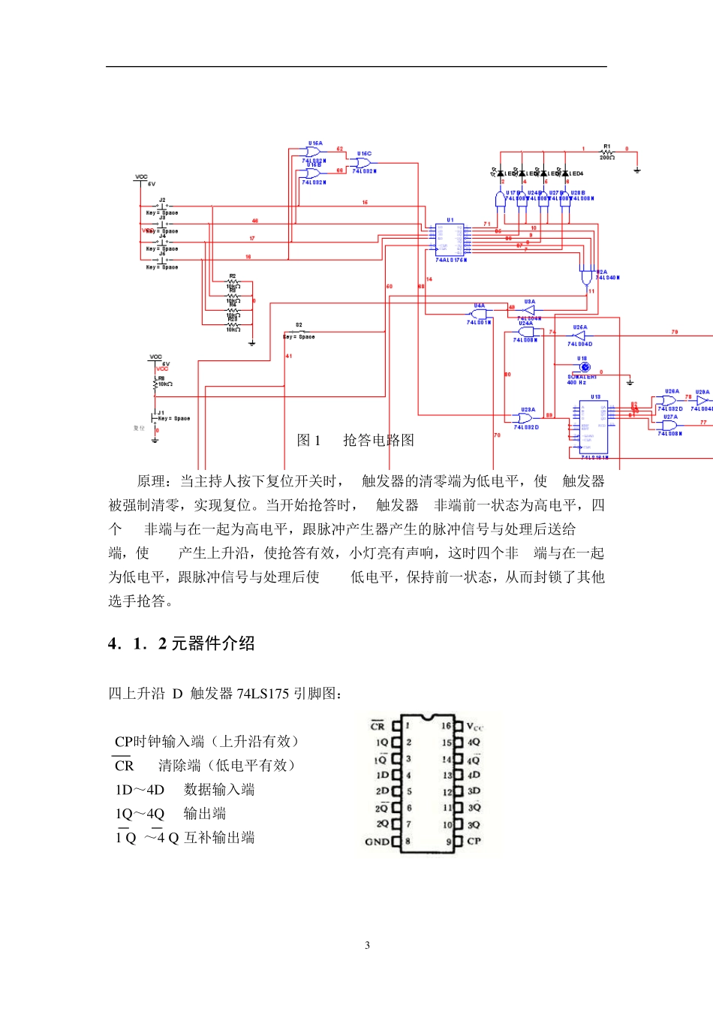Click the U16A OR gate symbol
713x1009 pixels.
pos(314,152)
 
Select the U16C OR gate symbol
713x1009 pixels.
pos(363,162)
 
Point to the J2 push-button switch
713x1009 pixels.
pos(162,206)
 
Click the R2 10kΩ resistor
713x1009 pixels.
pos(233,282)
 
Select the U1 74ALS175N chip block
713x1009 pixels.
pos(450,240)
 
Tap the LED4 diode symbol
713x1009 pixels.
pos(565,173)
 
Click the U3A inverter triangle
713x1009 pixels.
pos(529,309)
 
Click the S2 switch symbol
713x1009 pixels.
pos(299,331)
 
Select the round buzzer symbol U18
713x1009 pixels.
pos(585,367)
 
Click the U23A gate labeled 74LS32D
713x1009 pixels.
pos(526,418)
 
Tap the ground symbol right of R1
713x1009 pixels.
pos(637,170)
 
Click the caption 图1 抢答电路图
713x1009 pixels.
pos(355,441)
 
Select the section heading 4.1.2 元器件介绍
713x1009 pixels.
pos(181,643)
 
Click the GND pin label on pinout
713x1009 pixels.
pos(377,842)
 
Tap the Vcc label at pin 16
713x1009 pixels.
pos(475,727)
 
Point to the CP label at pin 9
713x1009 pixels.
pos(474,841)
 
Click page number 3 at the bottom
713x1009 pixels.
pos(367,945)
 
